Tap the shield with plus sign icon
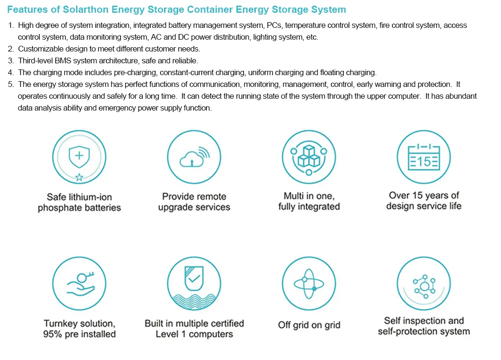point(79,156)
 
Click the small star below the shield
point(79,177)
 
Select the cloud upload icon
point(194,157)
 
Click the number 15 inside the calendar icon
point(424,162)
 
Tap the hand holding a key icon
point(80,283)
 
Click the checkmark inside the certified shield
point(194,279)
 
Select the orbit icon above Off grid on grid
point(309,283)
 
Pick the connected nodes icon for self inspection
point(424,286)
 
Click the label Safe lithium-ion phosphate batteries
point(79,202)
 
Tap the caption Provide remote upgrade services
point(194,202)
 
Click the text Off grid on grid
point(309,325)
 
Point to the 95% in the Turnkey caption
point(52,334)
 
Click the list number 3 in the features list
point(10,60)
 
